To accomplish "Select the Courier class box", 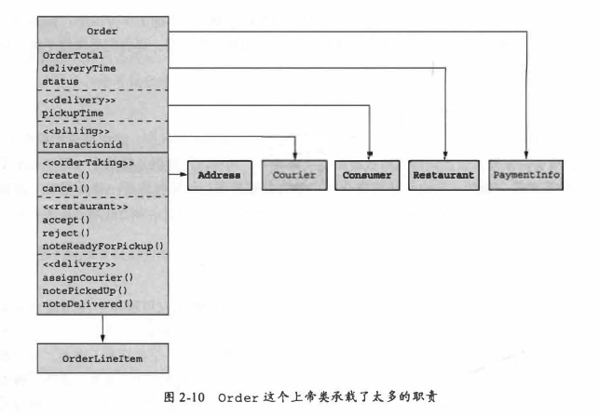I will coord(295,174).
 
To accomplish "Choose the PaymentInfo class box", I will coord(527,174).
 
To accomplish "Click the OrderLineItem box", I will coord(102,356).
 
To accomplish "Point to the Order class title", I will coord(102,30).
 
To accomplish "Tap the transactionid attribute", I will coord(82,144).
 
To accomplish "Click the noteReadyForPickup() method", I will coord(102,246).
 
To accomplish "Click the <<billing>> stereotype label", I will coord(71,131).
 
